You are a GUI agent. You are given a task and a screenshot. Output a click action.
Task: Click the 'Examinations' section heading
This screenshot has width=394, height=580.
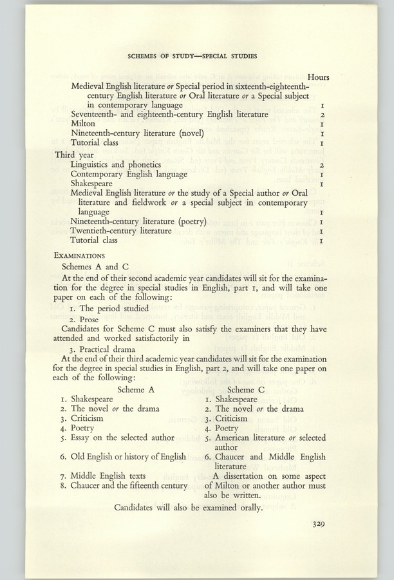tap(80, 255)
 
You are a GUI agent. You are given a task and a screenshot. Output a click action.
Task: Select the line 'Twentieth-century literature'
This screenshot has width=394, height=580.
tap(120, 231)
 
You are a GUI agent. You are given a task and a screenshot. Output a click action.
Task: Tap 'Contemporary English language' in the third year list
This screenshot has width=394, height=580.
tap(129, 175)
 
